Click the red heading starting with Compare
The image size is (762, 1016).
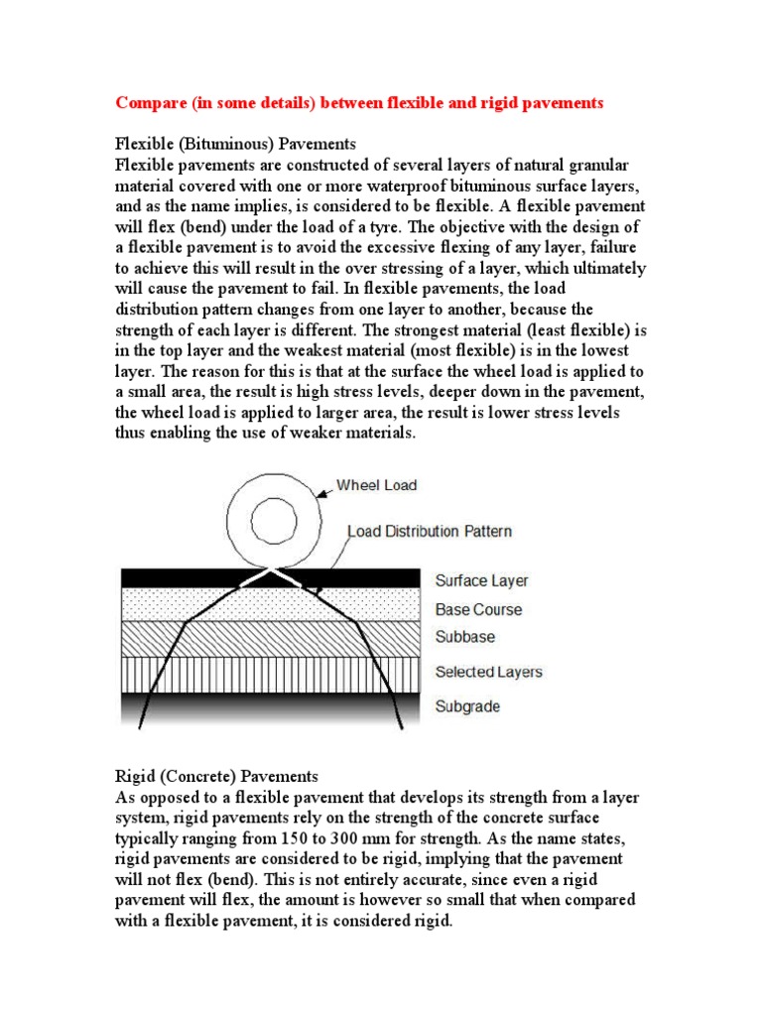coord(359,103)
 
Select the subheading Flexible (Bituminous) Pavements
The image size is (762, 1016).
coord(236,144)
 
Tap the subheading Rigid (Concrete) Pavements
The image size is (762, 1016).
coord(216,775)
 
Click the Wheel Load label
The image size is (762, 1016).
coord(376,485)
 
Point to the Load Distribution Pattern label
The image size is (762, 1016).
coord(430,531)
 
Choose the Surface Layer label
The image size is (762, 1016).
coord(481,580)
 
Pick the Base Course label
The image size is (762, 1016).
coord(478,609)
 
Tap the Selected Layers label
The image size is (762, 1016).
coord(488,672)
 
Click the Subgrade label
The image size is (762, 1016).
coord(467,706)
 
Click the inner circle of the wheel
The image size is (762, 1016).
coord(274,519)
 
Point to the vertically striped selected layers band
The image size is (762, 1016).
coord(268,673)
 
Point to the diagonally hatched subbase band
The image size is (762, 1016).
coord(268,636)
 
